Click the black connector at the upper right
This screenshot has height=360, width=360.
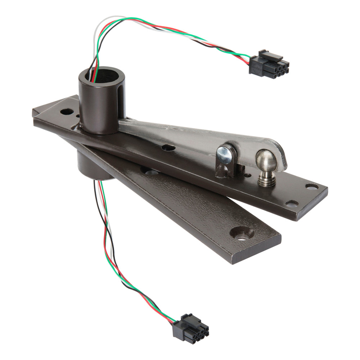269,65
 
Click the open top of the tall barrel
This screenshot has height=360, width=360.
102,74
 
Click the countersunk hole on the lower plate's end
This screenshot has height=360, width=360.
242,233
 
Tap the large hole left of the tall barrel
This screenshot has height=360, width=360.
67,112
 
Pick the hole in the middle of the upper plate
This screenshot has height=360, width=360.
168,148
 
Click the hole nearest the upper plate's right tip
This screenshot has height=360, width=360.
312,186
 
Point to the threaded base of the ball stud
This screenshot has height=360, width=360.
266,179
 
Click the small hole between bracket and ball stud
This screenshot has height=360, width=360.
248,175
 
